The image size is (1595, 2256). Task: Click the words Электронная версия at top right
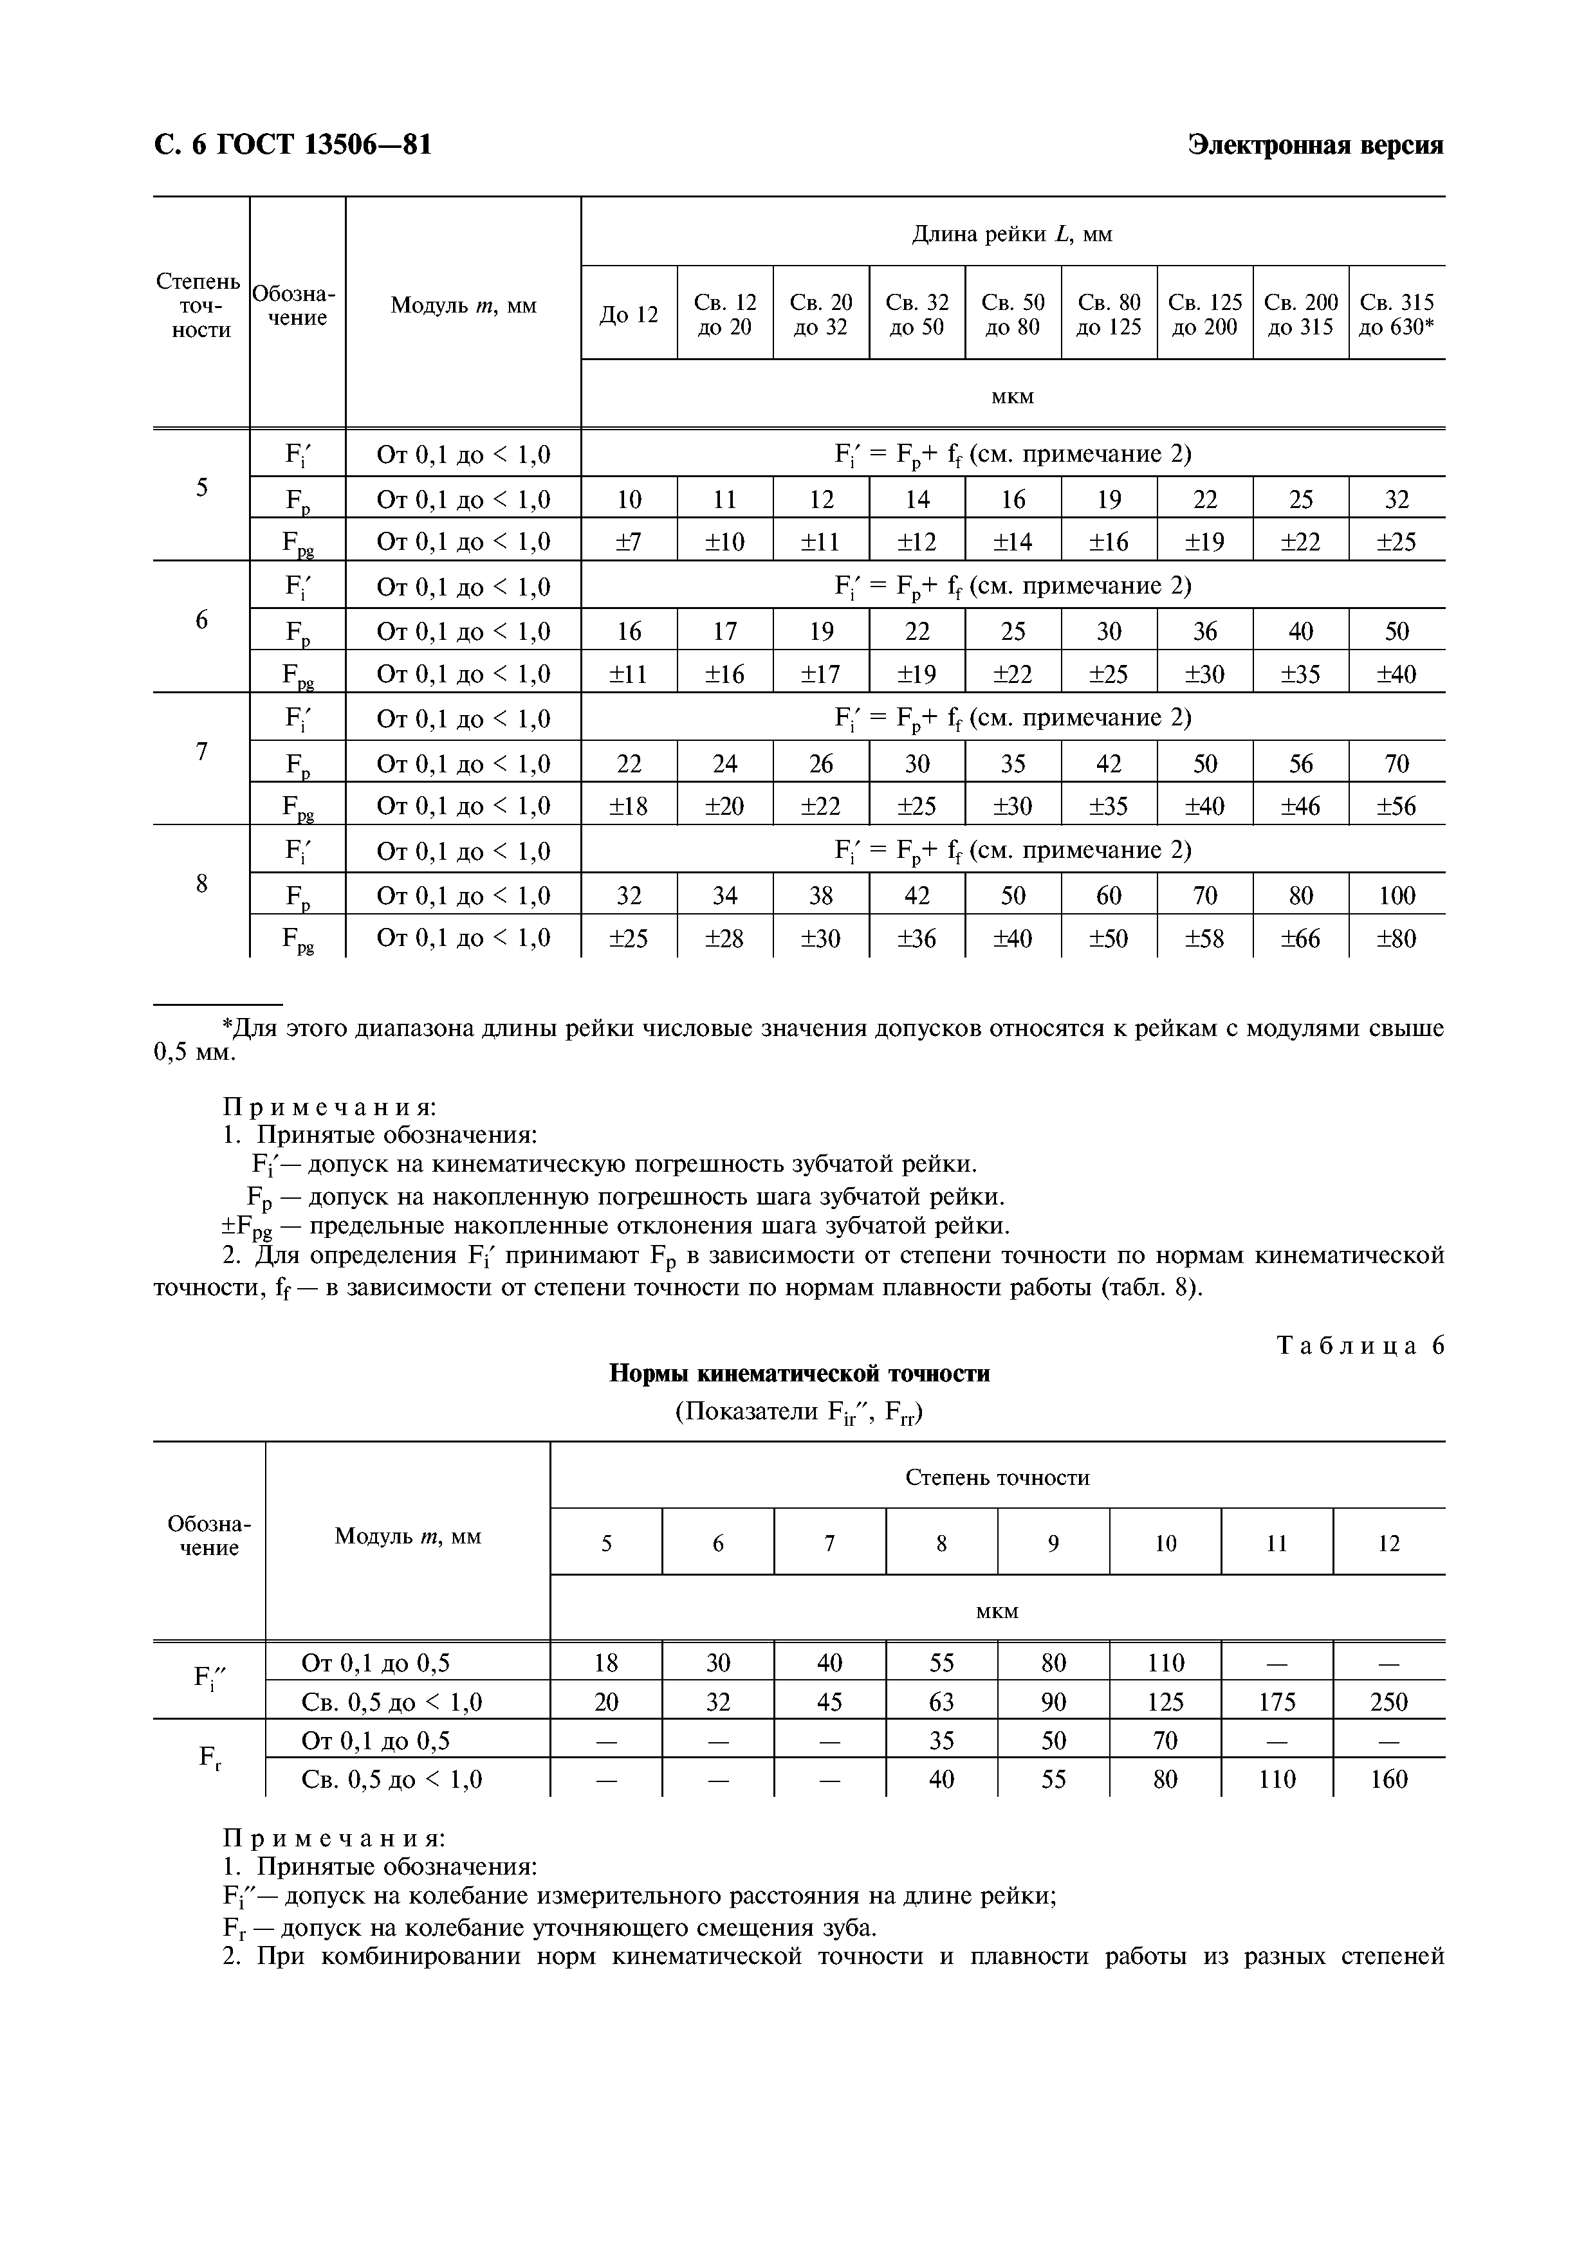tap(1315, 145)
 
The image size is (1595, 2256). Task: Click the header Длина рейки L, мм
tap(1011, 234)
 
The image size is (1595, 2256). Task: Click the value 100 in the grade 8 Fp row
tap(1396, 895)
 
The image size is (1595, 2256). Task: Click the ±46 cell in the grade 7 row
tap(1300, 806)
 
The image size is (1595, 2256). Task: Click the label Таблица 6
tap(1360, 1346)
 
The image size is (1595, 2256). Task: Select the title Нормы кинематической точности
tap(799, 1374)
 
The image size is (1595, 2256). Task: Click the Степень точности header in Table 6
tap(997, 1478)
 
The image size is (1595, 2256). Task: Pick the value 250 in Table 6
tap(1388, 1702)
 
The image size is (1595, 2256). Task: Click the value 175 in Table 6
tap(1276, 1702)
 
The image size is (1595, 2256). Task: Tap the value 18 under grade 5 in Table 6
tap(605, 1662)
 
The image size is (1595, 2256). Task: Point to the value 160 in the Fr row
tap(1388, 1779)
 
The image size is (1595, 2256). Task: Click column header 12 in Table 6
tap(1388, 1543)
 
